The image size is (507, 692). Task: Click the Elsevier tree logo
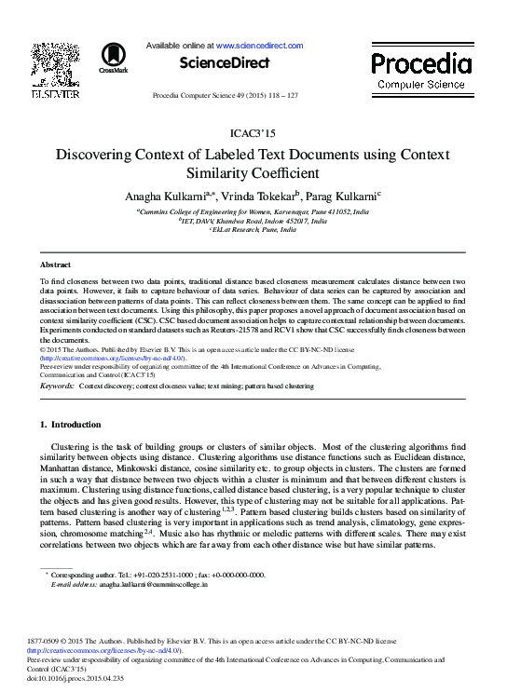[56, 64]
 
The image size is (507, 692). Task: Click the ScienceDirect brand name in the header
[224, 63]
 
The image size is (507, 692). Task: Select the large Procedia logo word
[421, 64]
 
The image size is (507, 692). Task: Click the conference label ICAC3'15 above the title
[253, 134]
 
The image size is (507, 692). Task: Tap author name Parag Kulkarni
[333, 197]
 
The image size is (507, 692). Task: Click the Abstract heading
[58, 265]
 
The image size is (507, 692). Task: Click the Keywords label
[58, 385]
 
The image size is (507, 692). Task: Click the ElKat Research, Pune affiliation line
[253, 230]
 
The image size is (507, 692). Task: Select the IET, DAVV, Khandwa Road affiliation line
[253, 222]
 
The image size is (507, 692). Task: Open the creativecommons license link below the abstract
[113, 358]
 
